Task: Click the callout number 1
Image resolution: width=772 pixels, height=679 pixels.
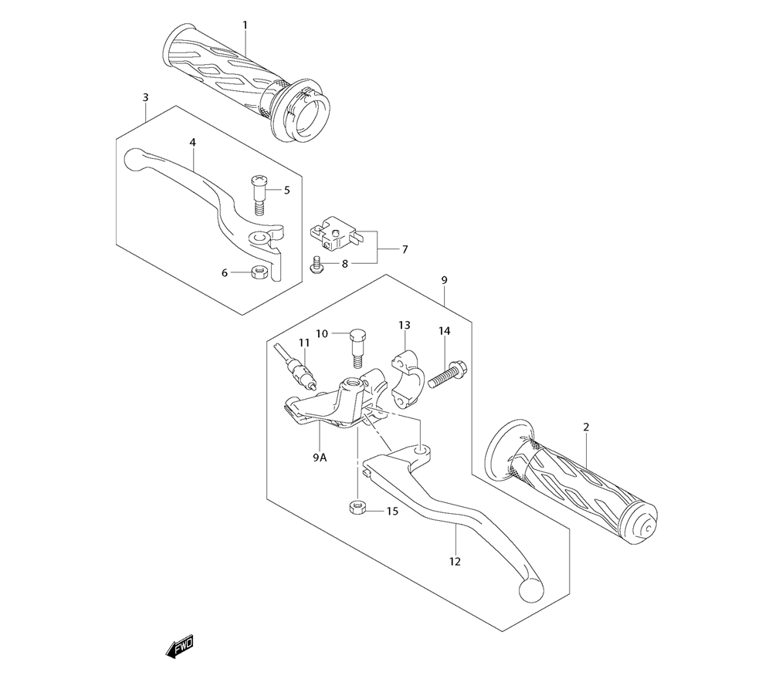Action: click(x=245, y=25)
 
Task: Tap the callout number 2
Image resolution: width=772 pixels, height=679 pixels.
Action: click(x=587, y=427)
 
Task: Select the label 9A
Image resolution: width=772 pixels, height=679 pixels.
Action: click(x=320, y=458)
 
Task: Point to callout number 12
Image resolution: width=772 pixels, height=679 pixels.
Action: click(x=455, y=562)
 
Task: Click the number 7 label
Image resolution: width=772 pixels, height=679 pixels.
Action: click(x=405, y=249)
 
